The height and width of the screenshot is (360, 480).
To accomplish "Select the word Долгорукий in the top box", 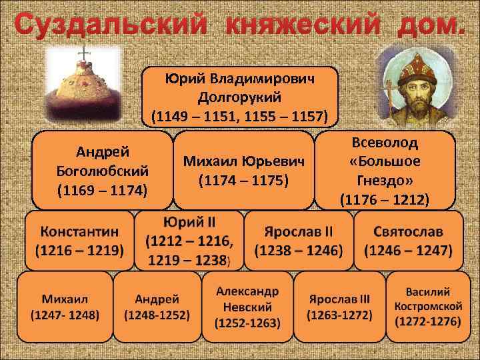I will (x=240, y=98).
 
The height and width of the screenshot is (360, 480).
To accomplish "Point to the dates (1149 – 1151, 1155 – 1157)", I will (x=240, y=117).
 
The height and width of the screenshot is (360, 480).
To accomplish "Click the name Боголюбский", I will (x=103, y=171).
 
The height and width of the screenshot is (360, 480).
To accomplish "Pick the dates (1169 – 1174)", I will (x=103, y=191).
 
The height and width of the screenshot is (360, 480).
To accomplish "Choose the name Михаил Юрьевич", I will (x=243, y=161).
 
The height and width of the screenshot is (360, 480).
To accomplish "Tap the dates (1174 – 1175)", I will (x=243, y=181).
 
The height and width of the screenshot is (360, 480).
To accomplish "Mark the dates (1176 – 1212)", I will (x=385, y=199).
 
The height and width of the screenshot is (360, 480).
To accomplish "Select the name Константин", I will (x=79, y=231).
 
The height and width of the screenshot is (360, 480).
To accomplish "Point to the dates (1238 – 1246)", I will (x=298, y=251).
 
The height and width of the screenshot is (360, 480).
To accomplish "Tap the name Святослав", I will (x=408, y=231).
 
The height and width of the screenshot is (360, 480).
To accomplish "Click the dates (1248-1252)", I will (x=157, y=315).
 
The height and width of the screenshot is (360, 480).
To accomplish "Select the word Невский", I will (x=247, y=307).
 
